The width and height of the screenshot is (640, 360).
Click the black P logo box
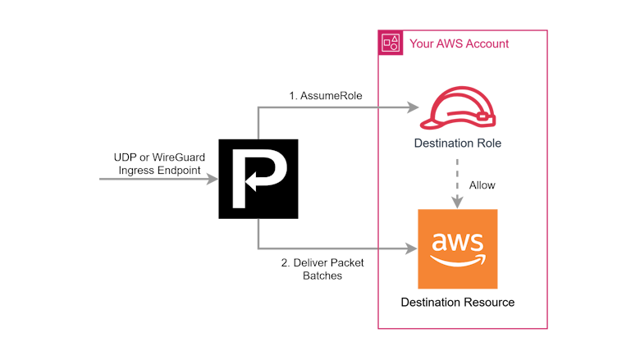(258, 179)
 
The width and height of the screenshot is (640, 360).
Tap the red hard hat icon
(458, 108)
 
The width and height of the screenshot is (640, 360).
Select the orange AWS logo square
(458, 249)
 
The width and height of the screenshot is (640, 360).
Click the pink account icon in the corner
(391, 43)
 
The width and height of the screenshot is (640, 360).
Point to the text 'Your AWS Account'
(459, 43)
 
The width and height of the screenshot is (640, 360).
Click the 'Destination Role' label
(458, 144)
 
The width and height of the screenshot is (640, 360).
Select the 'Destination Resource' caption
(458, 302)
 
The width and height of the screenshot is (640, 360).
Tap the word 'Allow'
(482, 185)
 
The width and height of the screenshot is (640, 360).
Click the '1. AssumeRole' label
(326, 95)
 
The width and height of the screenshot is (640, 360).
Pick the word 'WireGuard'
(178, 157)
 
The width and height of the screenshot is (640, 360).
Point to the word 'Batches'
(322, 276)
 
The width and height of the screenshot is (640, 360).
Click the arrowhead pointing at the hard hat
(413, 107)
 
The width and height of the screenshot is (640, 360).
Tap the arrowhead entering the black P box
(213, 179)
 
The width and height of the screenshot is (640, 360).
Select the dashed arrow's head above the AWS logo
(458, 203)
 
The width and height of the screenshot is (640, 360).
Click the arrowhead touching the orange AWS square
(411, 248)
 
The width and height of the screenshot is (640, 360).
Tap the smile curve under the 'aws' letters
(459, 261)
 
